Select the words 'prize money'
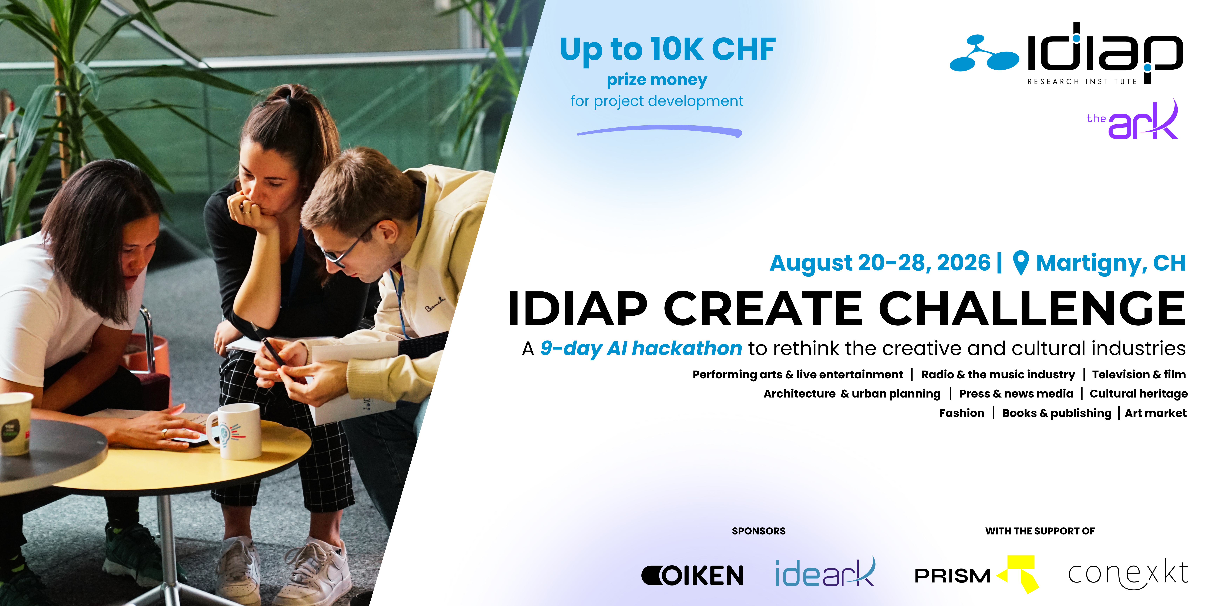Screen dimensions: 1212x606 657,80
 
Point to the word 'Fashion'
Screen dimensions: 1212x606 962,413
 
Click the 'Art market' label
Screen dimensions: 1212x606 1156,413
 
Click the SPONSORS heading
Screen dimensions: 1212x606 758,531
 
